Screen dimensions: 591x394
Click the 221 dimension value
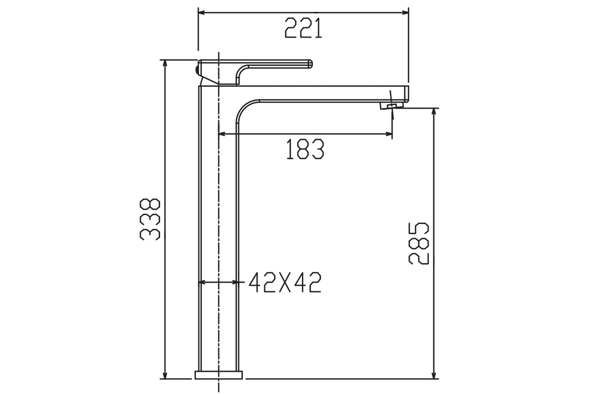[x=303, y=28]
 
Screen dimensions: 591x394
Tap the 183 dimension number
[x=305, y=149]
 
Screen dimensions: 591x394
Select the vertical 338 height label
[x=150, y=219]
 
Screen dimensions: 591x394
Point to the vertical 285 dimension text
[x=419, y=244]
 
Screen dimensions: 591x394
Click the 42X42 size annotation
[x=285, y=282]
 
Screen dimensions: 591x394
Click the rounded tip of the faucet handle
[x=310, y=64]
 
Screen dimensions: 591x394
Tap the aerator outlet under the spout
[x=392, y=106]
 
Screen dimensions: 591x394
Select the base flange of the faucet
[x=219, y=375]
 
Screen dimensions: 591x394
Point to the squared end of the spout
[x=406, y=94]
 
